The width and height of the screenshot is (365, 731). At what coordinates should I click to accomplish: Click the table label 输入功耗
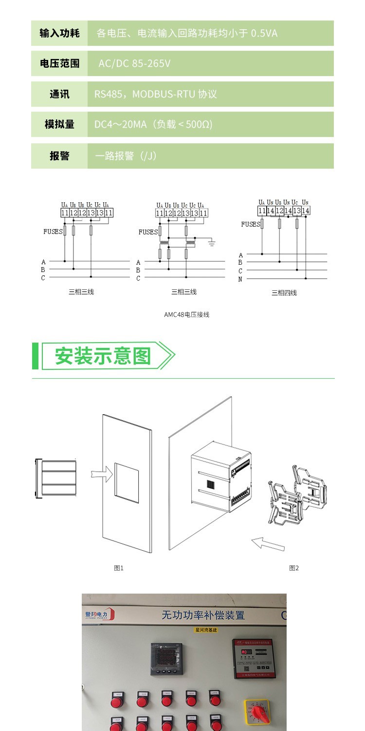(x=59, y=33)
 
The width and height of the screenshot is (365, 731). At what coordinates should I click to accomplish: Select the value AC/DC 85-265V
(x=134, y=63)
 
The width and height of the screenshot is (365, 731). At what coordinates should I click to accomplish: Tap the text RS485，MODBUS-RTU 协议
(x=155, y=94)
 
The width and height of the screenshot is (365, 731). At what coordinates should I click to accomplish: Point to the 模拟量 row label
(x=59, y=124)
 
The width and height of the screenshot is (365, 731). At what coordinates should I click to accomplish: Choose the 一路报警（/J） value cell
(x=126, y=156)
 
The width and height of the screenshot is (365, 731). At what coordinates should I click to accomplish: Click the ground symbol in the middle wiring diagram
(x=212, y=242)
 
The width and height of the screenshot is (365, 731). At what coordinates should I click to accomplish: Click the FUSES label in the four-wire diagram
(x=251, y=224)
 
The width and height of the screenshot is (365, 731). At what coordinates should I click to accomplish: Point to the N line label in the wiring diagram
(x=240, y=279)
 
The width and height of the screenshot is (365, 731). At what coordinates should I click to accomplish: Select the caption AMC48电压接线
(x=186, y=314)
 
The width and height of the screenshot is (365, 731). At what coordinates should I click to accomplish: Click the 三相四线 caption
(x=284, y=293)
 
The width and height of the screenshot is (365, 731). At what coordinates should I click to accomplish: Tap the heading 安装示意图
(x=103, y=356)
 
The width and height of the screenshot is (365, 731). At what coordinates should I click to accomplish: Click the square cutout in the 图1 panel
(x=127, y=482)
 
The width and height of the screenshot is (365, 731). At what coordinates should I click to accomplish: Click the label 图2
(x=294, y=568)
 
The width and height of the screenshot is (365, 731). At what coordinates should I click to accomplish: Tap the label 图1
(x=119, y=568)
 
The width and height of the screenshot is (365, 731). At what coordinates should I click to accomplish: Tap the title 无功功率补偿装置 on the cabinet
(x=203, y=615)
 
